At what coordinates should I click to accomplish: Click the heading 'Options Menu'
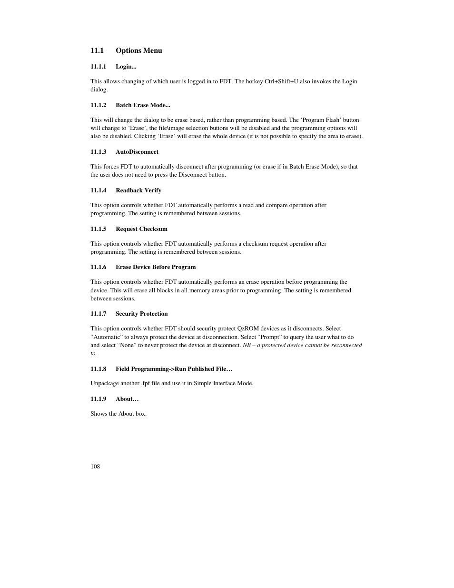point(138,50)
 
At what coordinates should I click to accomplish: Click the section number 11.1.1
point(98,67)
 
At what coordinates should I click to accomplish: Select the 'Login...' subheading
point(126,67)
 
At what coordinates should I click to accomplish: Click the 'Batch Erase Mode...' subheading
point(143,105)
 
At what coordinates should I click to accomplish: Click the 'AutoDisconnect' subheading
point(137,152)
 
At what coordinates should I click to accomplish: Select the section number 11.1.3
point(98,152)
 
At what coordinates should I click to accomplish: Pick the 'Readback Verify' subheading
point(138,190)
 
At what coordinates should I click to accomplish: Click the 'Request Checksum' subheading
point(141,229)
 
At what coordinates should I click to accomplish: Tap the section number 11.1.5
point(98,229)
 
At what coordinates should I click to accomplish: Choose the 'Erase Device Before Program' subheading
point(156,267)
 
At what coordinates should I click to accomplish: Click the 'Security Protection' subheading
point(141,314)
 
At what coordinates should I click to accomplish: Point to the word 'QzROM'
point(247,329)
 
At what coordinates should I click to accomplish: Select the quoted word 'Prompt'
point(269,337)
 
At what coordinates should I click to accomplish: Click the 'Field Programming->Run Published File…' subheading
point(174,369)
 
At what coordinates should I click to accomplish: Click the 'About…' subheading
point(127,399)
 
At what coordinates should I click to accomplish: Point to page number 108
point(95,467)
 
